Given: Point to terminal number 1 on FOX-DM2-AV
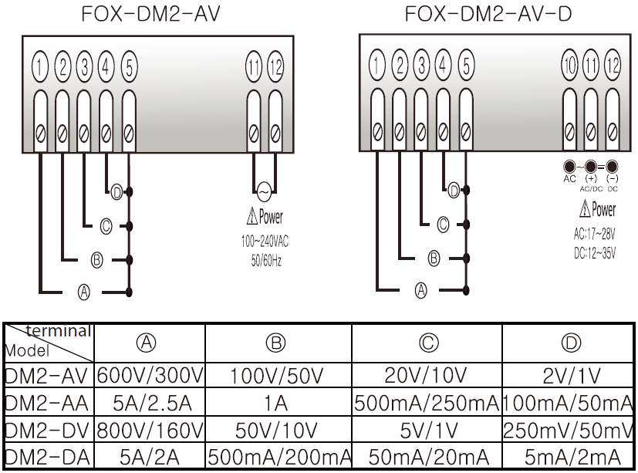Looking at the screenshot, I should point(40,68).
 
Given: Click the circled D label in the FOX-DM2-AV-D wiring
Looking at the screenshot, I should point(454,190).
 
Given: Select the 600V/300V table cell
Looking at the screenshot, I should point(150,376).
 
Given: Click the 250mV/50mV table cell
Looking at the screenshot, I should point(569,430).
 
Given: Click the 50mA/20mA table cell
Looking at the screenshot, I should point(427,456).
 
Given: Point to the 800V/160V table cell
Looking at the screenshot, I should point(150,430).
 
